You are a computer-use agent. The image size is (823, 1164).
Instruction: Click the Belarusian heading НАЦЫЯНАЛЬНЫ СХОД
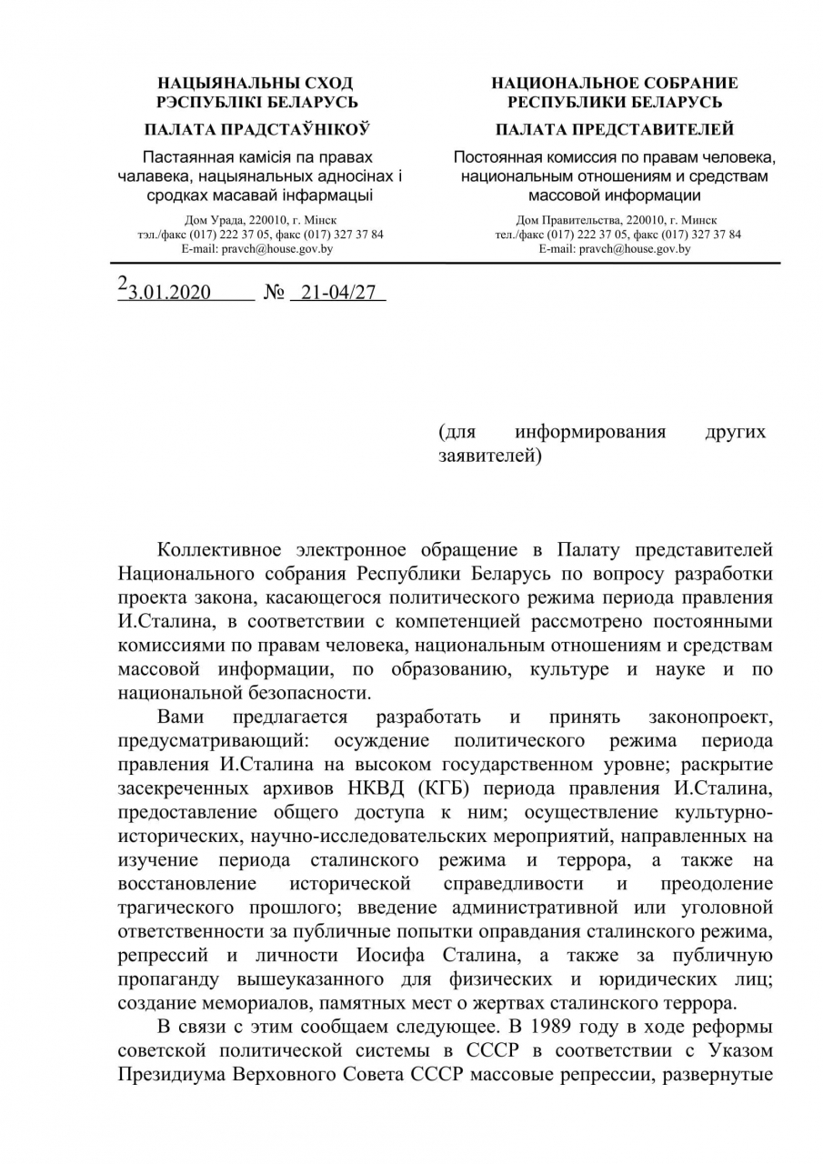pos(256,84)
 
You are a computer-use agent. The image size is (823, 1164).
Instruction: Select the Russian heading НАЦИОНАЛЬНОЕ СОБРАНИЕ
pos(615,84)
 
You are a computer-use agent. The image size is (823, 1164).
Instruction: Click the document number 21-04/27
pos(337,293)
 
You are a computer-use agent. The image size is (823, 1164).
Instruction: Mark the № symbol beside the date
pos(274,293)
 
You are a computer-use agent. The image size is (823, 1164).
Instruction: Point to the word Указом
pos(738,1050)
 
